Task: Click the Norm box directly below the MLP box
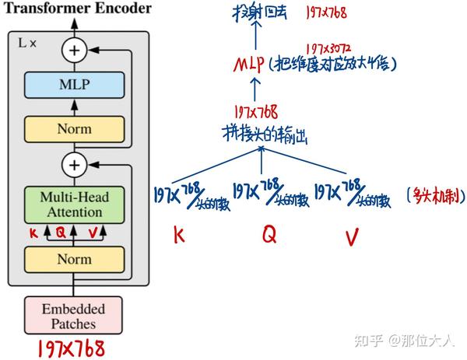pyautogui.click(x=75, y=128)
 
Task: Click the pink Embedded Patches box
pyautogui.click(x=75, y=316)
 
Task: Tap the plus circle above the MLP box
pyautogui.click(x=75, y=51)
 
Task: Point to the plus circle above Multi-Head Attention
pyautogui.click(x=75, y=165)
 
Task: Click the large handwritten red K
pyautogui.click(x=180, y=235)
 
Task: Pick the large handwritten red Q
pyautogui.click(x=269, y=234)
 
